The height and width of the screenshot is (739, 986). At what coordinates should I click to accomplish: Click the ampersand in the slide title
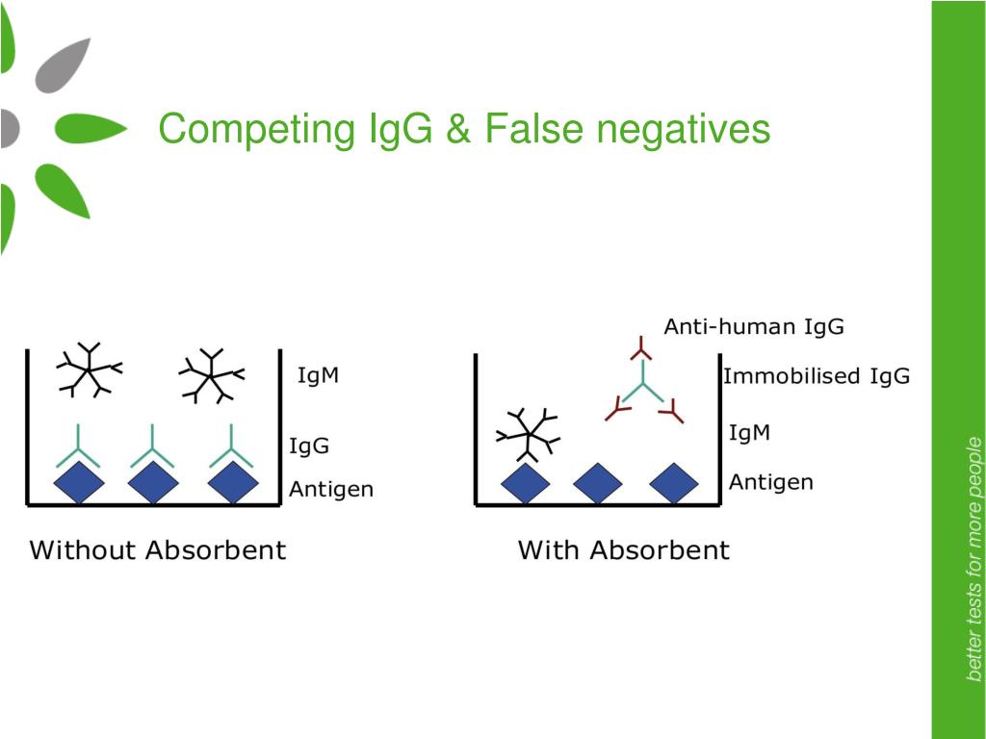pyautogui.click(x=459, y=129)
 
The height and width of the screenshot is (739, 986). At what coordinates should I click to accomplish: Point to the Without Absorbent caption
pyautogui.click(x=158, y=549)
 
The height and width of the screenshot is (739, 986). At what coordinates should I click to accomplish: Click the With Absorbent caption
pyautogui.click(x=624, y=549)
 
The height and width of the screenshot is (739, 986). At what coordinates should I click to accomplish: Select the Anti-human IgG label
pyautogui.click(x=754, y=327)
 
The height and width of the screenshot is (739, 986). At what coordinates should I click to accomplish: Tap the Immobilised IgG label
pyautogui.click(x=817, y=376)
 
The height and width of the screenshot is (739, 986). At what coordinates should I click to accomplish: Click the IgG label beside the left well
pyautogui.click(x=309, y=446)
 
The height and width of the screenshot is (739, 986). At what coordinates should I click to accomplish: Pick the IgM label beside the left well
pyautogui.click(x=318, y=375)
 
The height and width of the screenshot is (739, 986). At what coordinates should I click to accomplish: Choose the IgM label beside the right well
pyautogui.click(x=749, y=432)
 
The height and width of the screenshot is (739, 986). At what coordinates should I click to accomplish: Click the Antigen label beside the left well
pyautogui.click(x=331, y=489)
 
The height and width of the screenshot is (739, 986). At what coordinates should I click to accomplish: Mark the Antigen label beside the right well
pyautogui.click(x=771, y=482)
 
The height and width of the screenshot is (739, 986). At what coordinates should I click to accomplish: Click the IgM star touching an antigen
pyautogui.click(x=529, y=434)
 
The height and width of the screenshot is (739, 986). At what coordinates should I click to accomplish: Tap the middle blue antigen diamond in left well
pyautogui.click(x=153, y=483)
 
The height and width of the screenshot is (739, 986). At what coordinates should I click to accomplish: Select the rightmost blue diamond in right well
pyautogui.click(x=674, y=484)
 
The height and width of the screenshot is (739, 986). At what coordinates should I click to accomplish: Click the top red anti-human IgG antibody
pyautogui.click(x=641, y=349)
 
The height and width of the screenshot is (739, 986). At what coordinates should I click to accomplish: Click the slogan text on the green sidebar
pyautogui.click(x=973, y=559)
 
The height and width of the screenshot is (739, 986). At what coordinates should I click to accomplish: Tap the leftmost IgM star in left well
pyautogui.click(x=90, y=370)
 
